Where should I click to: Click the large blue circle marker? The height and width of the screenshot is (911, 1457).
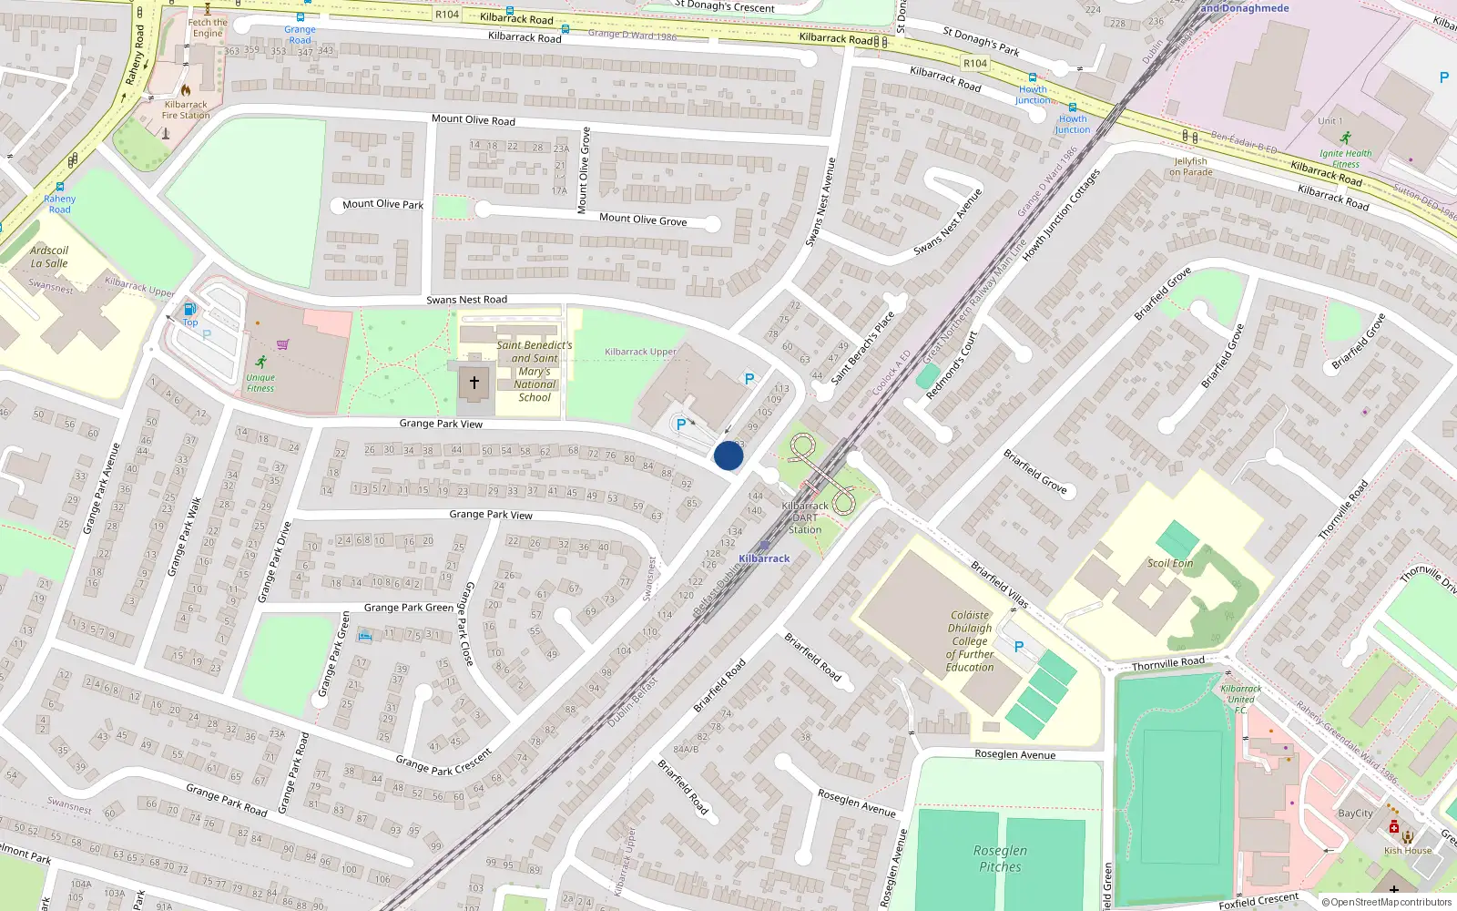(728, 455)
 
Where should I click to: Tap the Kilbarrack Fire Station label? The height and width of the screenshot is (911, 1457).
(186, 110)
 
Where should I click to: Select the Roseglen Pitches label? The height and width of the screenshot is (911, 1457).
(1000, 858)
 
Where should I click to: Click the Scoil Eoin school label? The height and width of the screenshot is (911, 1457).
(1170, 563)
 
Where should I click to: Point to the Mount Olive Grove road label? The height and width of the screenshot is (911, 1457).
(643, 220)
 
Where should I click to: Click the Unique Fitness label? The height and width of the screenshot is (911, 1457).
(260, 383)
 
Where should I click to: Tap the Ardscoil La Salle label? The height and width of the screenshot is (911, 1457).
(49, 257)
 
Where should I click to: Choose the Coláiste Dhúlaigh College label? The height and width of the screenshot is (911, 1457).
(970, 640)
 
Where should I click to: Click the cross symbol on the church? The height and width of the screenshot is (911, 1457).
(474, 383)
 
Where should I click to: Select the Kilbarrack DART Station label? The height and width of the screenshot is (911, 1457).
(805, 517)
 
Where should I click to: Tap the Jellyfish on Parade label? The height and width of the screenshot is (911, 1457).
(1190, 167)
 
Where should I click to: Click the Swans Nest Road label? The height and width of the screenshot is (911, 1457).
(467, 300)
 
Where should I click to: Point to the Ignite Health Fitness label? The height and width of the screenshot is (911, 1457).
(1345, 159)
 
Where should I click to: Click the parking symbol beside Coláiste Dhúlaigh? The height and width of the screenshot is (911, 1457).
(1019, 647)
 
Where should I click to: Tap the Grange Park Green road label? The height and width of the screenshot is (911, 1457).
(408, 608)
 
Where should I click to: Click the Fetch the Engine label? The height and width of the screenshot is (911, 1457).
(208, 28)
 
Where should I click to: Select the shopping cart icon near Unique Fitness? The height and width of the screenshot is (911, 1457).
(283, 344)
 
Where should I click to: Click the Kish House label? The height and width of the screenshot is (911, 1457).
(1408, 851)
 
